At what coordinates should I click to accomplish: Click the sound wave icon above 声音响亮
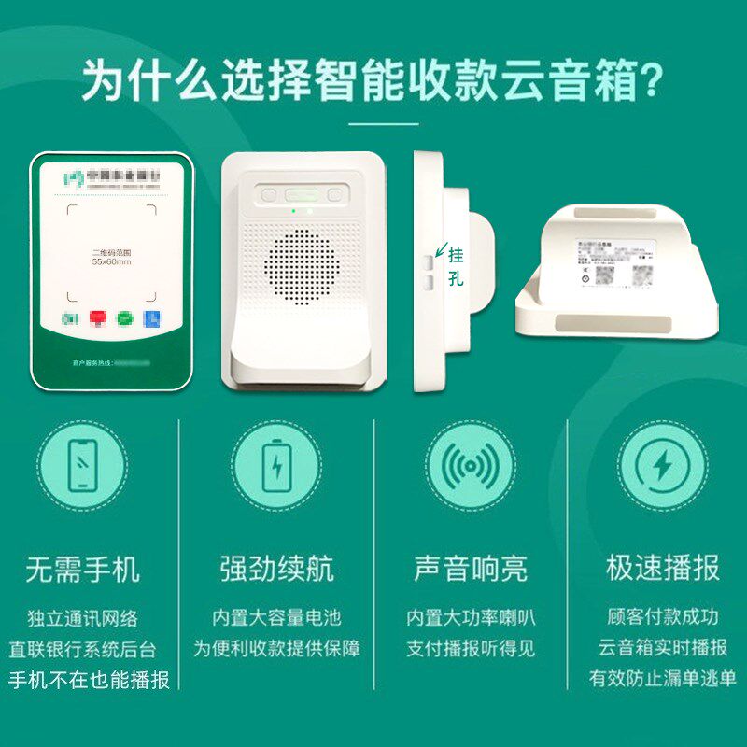[470, 465]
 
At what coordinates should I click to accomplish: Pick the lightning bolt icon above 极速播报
[662, 465]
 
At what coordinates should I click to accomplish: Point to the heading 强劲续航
[277, 568]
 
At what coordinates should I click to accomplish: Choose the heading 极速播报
[662, 568]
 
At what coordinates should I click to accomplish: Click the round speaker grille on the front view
[304, 267]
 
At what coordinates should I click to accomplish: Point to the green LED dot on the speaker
[294, 211]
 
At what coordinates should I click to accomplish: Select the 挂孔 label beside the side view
[456, 266]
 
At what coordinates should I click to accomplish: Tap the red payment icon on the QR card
[97, 318]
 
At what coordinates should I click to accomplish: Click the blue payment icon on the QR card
[151, 318]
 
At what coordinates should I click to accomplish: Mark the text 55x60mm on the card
[110, 263]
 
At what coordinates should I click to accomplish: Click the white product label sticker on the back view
[617, 258]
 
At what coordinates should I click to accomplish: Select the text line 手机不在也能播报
[90, 680]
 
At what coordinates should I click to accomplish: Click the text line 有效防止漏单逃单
[662, 679]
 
